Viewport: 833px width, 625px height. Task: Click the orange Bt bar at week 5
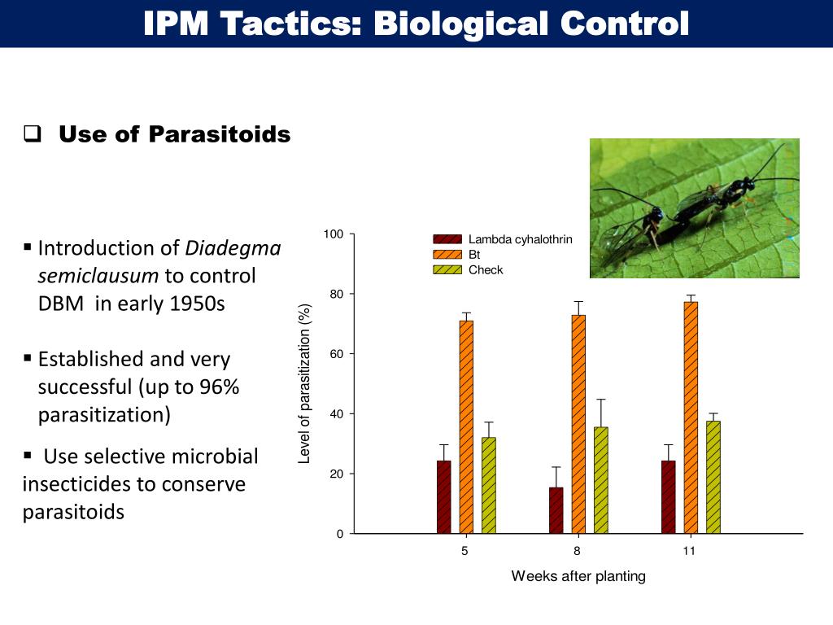pyautogui.click(x=466, y=426)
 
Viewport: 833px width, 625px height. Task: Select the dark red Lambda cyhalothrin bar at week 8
pyautogui.click(x=556, y=510)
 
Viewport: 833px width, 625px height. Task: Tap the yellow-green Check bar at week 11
pyautogui.click(x=713, y=477)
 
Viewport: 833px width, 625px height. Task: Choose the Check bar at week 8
pyautogui.click(x=601, y=480)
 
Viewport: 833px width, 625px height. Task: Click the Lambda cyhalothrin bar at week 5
pyautogui.click(x=443, y=496)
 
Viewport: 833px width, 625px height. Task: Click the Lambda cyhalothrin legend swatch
pyautogui.click(x=447, y=239)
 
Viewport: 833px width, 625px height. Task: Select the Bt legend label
pyautogui.click(x=474, y=255)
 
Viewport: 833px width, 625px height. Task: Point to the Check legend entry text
pyautogui.click(x=486, y=270)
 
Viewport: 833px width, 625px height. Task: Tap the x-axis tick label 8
pyautogui.click(x=578, y=551)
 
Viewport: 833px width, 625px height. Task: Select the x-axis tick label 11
pyautogui.click(x=689, y=551)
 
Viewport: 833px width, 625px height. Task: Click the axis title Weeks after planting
pyautogui.click(x=578, y=576)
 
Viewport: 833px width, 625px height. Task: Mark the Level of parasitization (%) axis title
pyautogui.click(x=305, y=383)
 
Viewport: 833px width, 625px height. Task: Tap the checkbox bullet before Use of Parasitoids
pyautogui.click(x=33, y=134)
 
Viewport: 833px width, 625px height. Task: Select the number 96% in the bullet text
pyautogui.click(x=218, y=387)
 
